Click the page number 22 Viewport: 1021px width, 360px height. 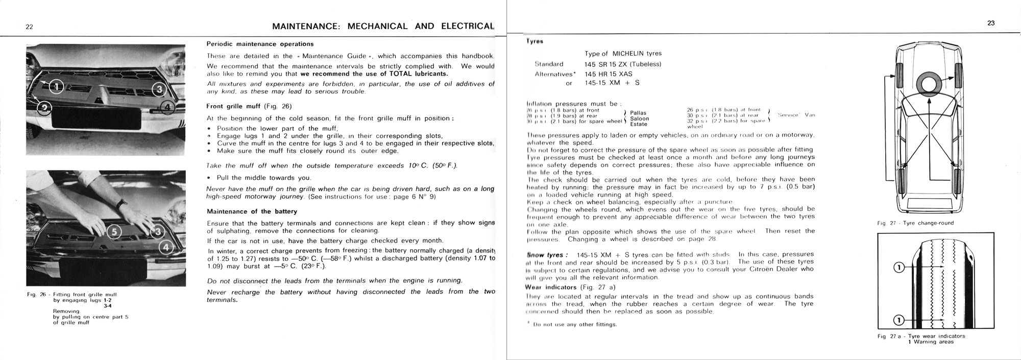point(30,27)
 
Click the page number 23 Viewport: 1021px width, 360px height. point(991,23)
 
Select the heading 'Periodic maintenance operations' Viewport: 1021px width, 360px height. point(260,44)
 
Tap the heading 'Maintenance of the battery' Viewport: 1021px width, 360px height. point(252,211)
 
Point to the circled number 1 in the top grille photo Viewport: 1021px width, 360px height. point(57,86)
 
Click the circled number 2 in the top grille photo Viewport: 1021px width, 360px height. point(44,108)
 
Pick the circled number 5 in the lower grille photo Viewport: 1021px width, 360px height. point(114,232)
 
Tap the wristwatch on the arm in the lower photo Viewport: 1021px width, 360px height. point(120,203)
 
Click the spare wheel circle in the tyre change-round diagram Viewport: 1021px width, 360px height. point(929,83)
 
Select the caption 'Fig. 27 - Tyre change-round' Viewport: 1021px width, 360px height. point(915,223)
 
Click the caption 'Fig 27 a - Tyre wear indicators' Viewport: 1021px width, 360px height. point(921,336)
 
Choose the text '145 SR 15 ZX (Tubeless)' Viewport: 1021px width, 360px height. point(623,64)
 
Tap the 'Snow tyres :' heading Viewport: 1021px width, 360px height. point(546,255)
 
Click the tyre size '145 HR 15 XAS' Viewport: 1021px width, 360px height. point(609,74)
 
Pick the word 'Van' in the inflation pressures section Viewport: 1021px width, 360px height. point(810,115)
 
